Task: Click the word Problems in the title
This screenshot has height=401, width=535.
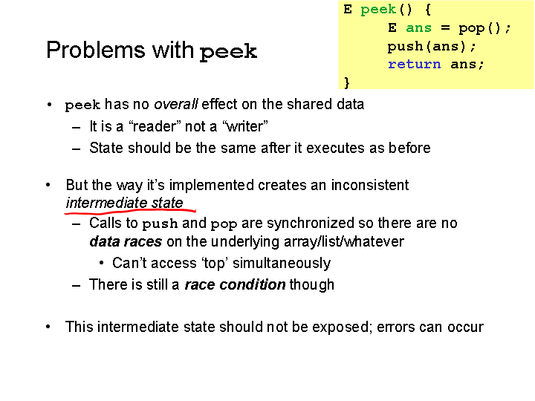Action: [x=96, y=50]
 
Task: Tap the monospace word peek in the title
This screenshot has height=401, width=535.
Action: [x=228, y=52]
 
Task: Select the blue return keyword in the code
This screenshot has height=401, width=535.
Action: [x=414, y=64]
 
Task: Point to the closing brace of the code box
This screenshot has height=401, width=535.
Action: [x=347, y=82]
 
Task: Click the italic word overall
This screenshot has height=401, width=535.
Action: [x=175, y=104]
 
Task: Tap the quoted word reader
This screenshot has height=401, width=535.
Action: [x=155, y=126]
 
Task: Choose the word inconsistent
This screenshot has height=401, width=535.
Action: [x=370, y=185]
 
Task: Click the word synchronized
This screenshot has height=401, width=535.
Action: [x=311, y=223]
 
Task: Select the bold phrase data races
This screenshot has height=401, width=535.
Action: [x=126, y=241]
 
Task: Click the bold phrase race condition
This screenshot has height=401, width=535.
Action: [x=235, y=284]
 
